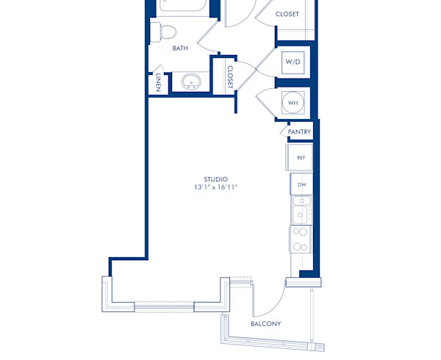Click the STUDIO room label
point(216,179)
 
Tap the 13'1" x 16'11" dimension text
point(216,188)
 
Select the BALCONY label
point(265,324)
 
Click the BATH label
point(180,48)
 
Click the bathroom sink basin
point(193,82)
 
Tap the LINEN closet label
point(158,82)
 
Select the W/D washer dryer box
point(293,62)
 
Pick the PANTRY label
point(300,132)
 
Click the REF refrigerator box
point(300,157)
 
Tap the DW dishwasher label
point(301,184)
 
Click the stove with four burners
point(301,239)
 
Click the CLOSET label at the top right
point(287,14)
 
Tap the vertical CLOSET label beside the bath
point(230,76)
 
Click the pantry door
point(286,132)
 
